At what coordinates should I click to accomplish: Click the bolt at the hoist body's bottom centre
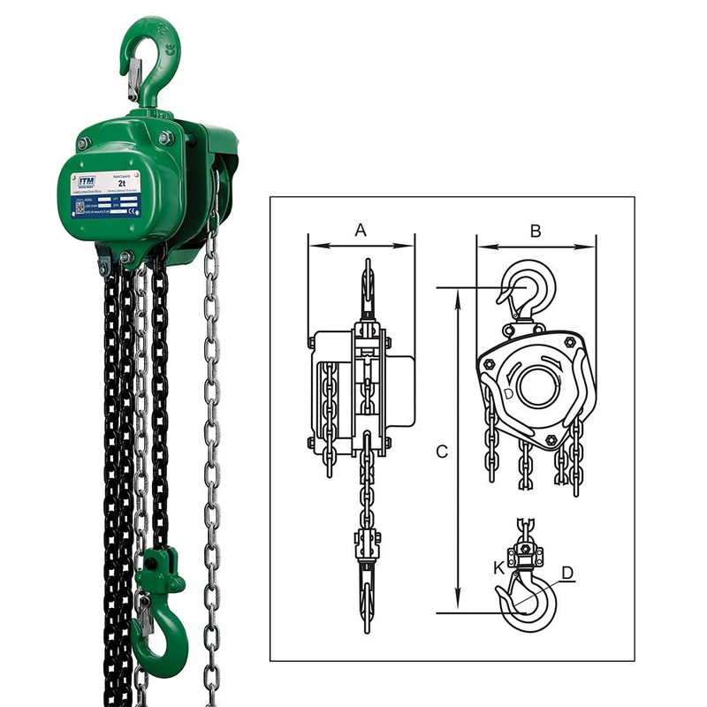coord(125,257)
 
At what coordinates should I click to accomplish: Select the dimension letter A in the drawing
coord(360,231)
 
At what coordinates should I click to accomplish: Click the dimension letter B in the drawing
coord(535,231)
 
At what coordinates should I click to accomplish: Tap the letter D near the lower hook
coord(567,574)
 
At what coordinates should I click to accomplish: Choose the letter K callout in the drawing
coord(499,566)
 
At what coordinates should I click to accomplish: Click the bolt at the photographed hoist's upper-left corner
coord(83,143)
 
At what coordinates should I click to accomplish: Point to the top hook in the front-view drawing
coord(367,287)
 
